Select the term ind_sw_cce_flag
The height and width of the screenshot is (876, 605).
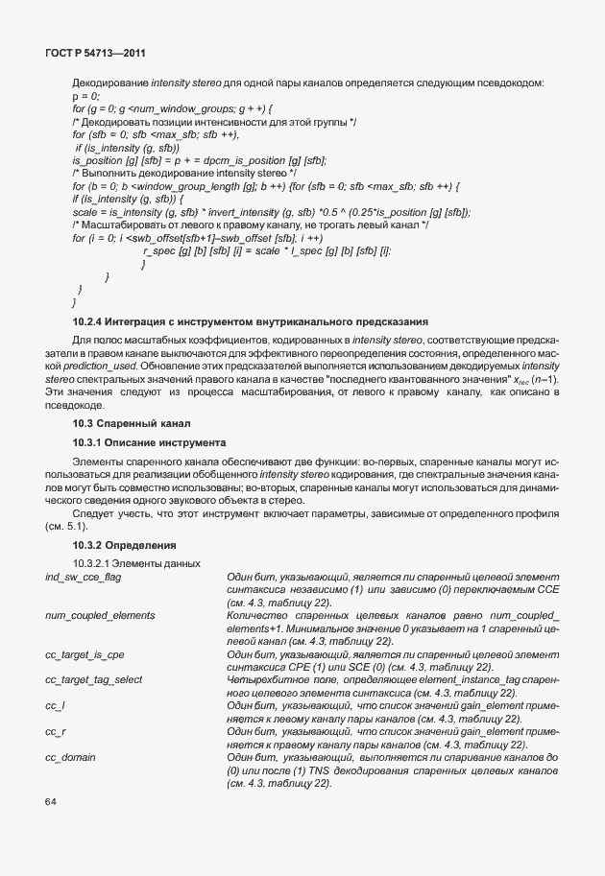(x=83, y=576)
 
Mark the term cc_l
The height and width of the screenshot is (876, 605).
(x=55, y=705)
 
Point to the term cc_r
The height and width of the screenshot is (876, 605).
(x=55, y=731)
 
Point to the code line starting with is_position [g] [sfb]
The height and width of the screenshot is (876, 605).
(x=199, y=159)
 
